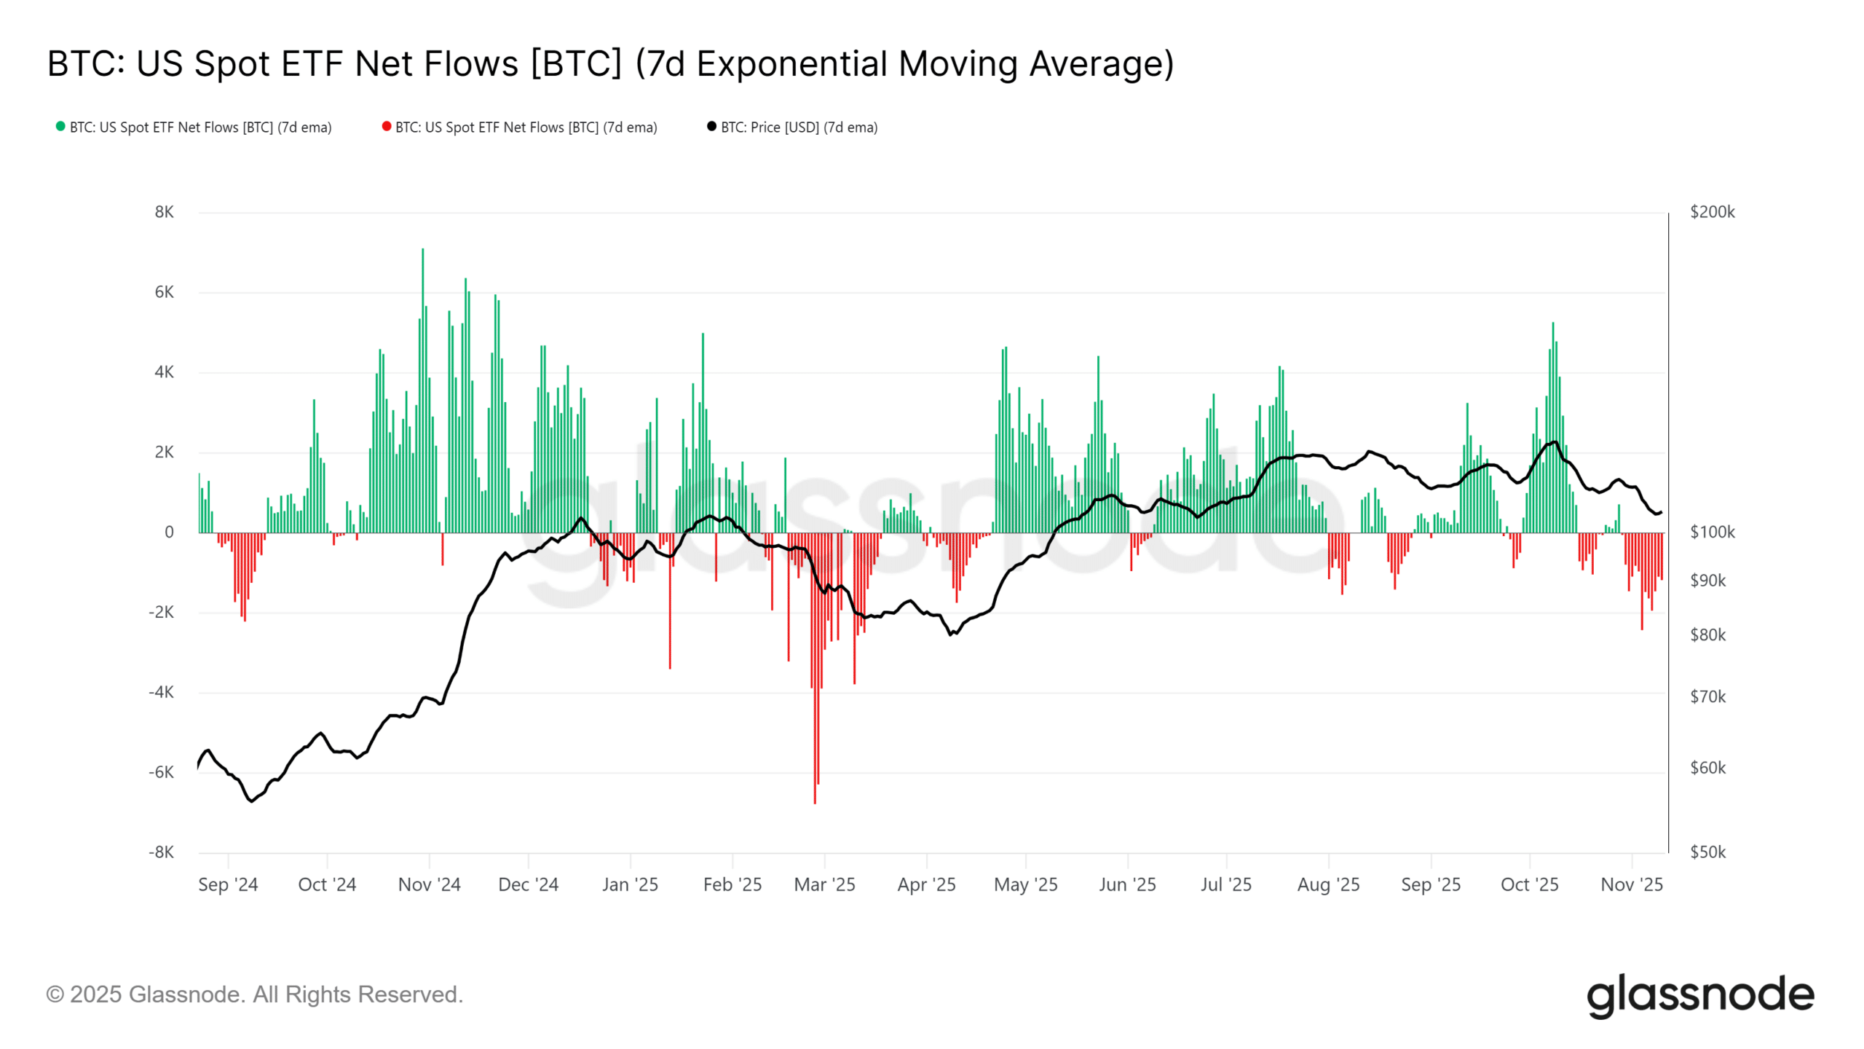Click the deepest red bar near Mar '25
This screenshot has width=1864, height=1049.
coord(815,670)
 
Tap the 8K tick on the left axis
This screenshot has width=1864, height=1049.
coord(165,212)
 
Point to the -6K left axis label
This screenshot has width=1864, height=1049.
coord(161,772)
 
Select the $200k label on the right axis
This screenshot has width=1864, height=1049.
coord(1712,212)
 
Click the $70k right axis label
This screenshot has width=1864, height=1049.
coord(1707,697)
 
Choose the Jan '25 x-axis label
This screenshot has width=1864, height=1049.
coord(630,884)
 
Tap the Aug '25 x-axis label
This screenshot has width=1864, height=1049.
coord(1328,884)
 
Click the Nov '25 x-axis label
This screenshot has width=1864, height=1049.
coord(1631,884)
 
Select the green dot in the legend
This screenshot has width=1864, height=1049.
coord(60,127)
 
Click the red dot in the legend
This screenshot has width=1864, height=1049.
coord(387,127)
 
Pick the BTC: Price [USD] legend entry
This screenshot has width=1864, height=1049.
coord(798,127)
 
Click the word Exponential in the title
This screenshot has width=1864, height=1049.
coord(793,63)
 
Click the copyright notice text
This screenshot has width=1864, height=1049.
coord(254,994)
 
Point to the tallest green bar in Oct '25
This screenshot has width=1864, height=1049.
coord(1552,430)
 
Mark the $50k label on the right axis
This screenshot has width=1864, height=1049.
coord(1707,852)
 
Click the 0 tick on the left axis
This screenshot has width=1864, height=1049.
coord(169,533)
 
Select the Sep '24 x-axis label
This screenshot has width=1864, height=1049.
coord(228,884)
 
